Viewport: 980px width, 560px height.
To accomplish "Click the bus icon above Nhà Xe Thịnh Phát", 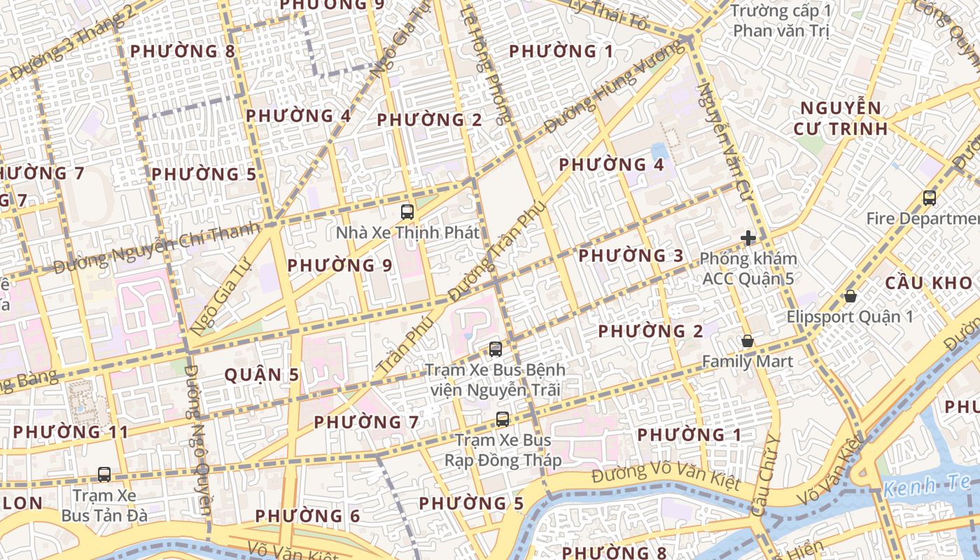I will pos(407,211).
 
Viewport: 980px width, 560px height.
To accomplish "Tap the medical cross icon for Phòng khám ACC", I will pos(748,238).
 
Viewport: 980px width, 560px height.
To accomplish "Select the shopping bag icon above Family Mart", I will pos(748,342).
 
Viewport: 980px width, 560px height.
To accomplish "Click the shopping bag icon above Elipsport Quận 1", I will pos(850,296).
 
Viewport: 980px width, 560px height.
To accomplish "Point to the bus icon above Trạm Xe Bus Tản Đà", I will pos(104,474).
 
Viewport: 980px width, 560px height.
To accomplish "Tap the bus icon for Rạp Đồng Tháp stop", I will pos(502,419).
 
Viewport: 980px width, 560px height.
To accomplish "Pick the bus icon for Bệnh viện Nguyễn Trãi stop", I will pos(495,348).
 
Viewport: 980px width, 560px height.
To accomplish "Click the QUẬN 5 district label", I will pos(262,375).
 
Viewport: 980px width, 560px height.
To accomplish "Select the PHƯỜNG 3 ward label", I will pos(631,255).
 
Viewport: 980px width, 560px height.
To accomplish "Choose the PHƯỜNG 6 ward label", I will pos(307,517).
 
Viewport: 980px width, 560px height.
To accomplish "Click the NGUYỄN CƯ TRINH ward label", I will pos(841,118).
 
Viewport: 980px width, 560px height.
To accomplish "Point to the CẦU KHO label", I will pos(929,283).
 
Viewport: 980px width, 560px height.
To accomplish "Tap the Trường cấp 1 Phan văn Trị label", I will pos(780,21).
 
